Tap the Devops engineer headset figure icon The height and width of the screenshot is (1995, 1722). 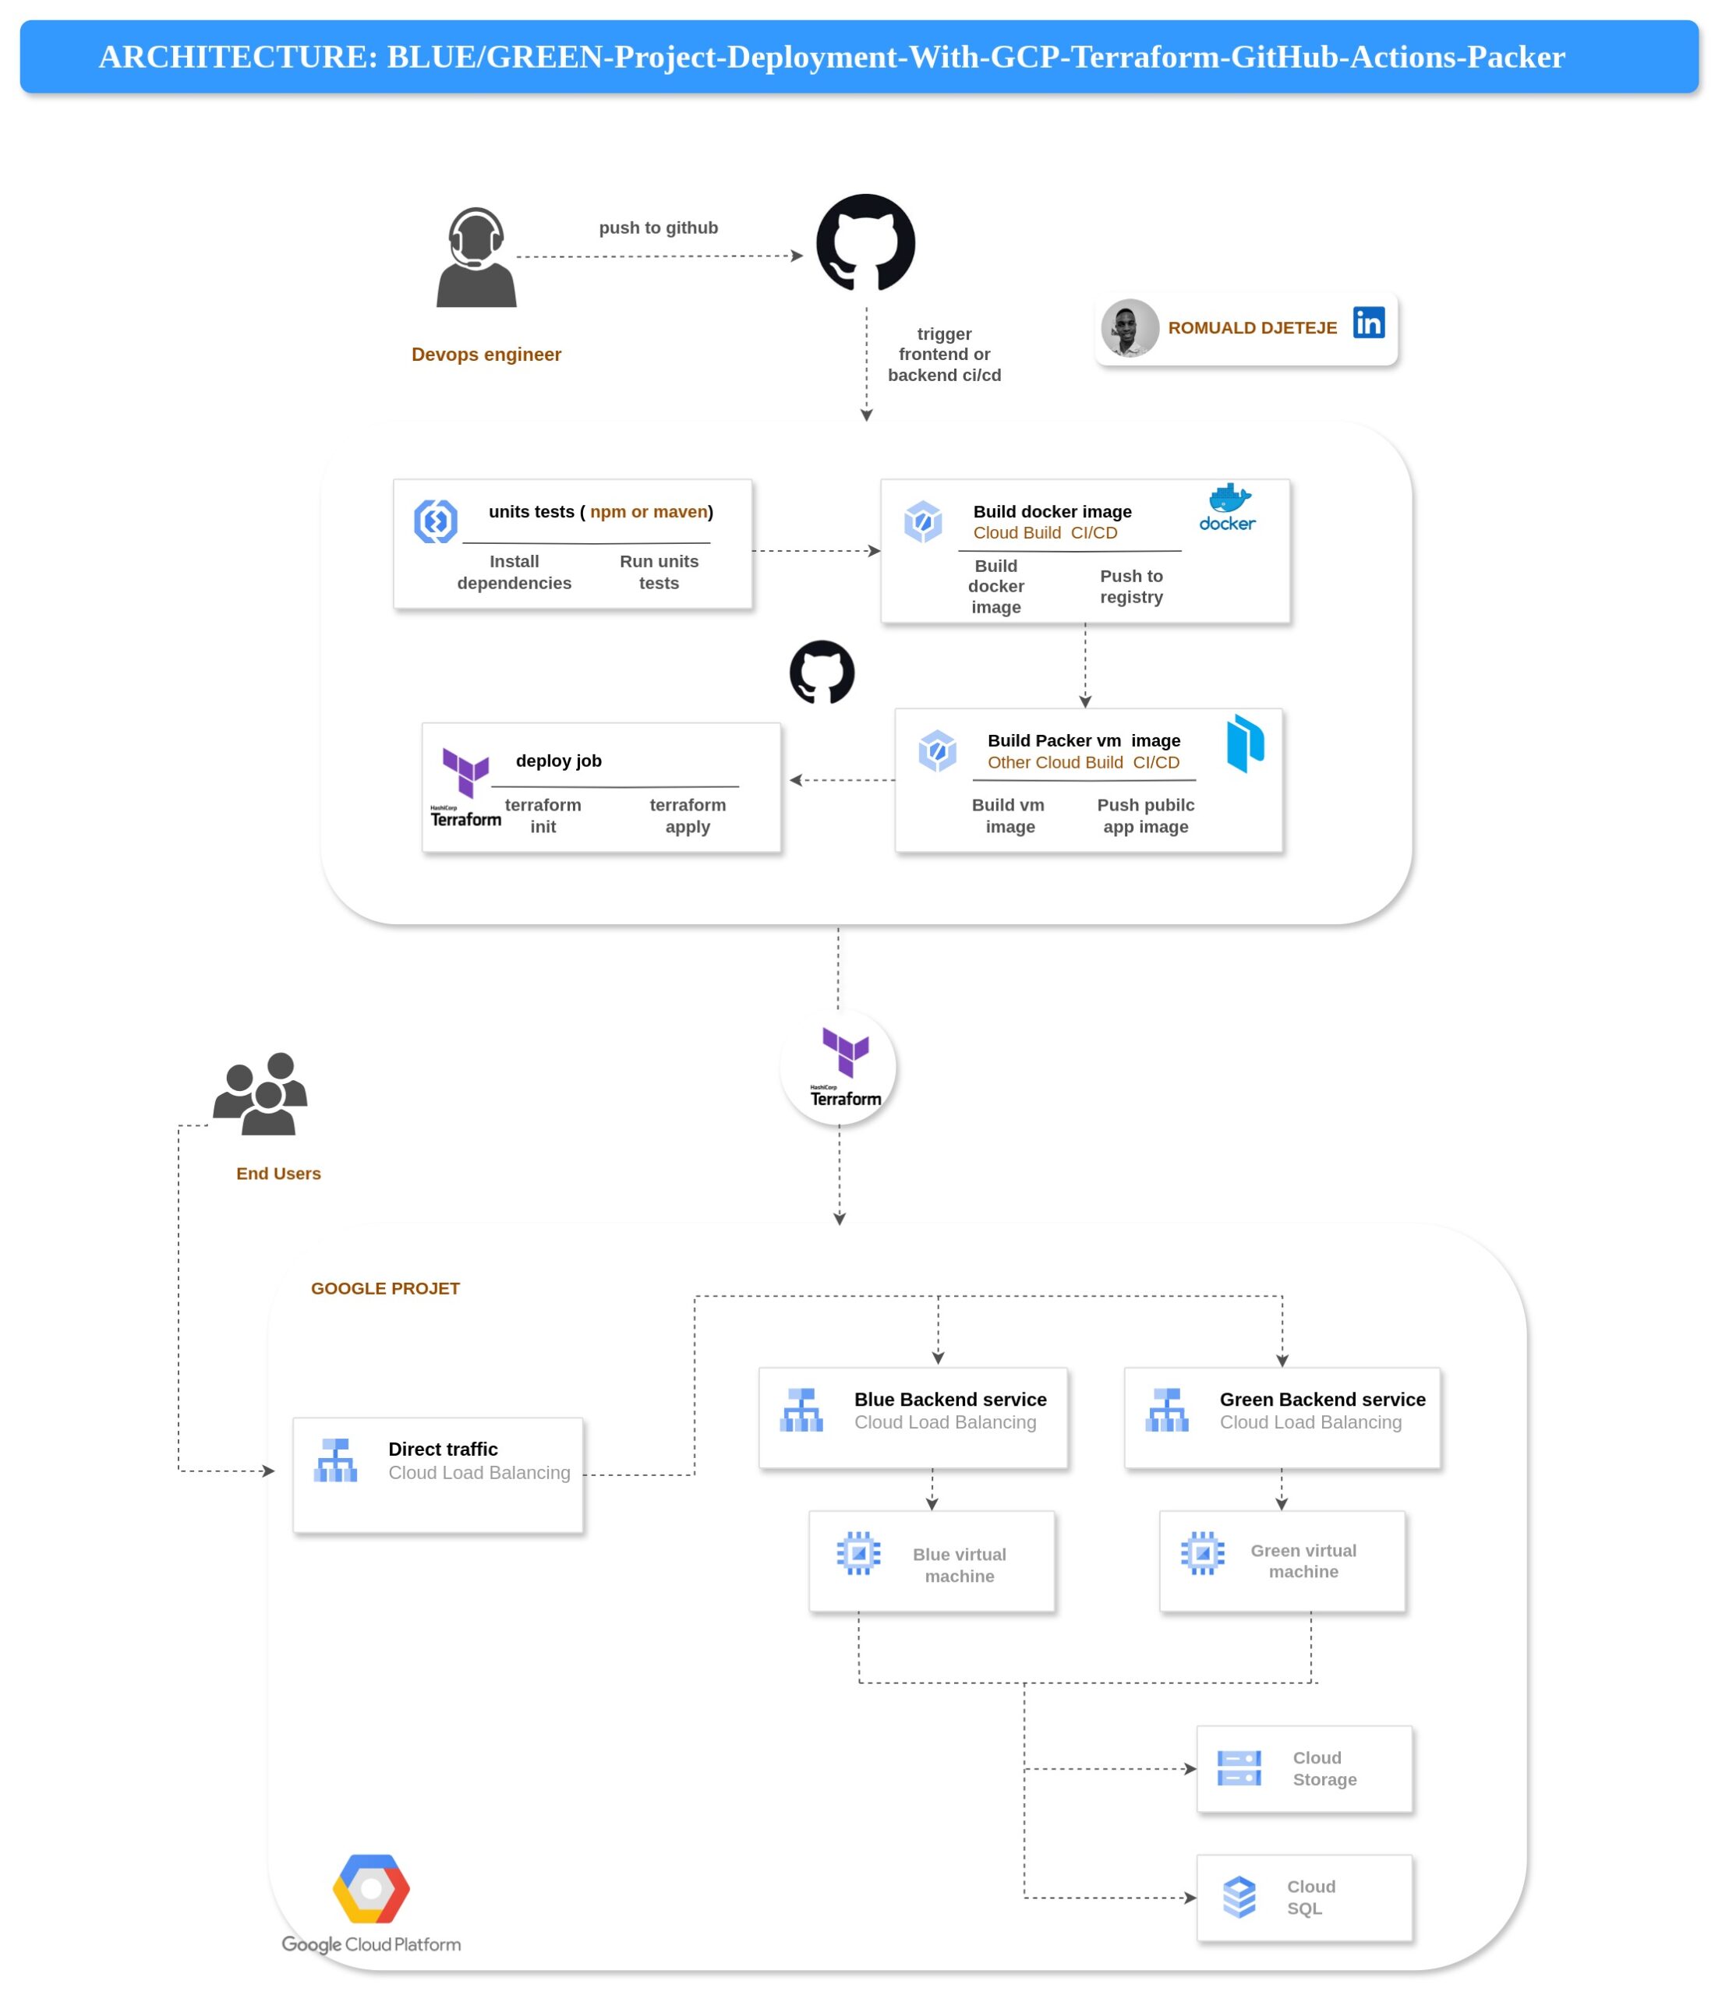(x=476, y=258)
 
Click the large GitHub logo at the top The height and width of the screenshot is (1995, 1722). (x=865, y=242)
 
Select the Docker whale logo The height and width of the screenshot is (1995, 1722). (x=1228, y=507)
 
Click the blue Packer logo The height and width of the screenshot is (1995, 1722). (x=1244, y=743)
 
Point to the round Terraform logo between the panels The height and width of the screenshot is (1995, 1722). (x=838, y=1068)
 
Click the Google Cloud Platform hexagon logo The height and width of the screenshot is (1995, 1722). (x=371, y=1888)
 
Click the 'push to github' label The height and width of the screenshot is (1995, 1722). (x=658, y=228)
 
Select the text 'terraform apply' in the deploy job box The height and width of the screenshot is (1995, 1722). (x=687, y=815)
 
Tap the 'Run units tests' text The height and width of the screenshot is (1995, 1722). (x=659, y=572)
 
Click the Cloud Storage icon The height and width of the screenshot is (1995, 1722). (x=1239, y=1767)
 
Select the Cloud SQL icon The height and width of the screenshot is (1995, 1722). (x=1239, y=1897)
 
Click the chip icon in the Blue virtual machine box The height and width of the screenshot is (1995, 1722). (x=858, y=1552)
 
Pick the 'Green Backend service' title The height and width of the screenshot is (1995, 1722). (x=1321, y=1399)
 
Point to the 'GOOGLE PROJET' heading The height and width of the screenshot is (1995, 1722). (x=385, y=1288)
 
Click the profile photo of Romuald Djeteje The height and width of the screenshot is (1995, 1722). (x=1129, y=328)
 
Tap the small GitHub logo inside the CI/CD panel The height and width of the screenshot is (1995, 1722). (x=822, y=672)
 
